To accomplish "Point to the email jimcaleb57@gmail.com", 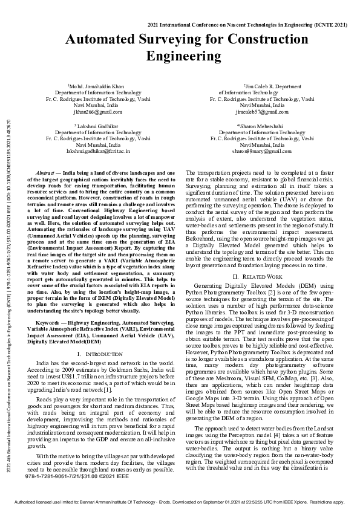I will click(262, 112).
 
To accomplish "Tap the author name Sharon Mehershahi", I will click(262, 125).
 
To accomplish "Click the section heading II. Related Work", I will click(262, 276).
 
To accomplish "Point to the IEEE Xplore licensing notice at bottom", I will click(180, 502).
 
